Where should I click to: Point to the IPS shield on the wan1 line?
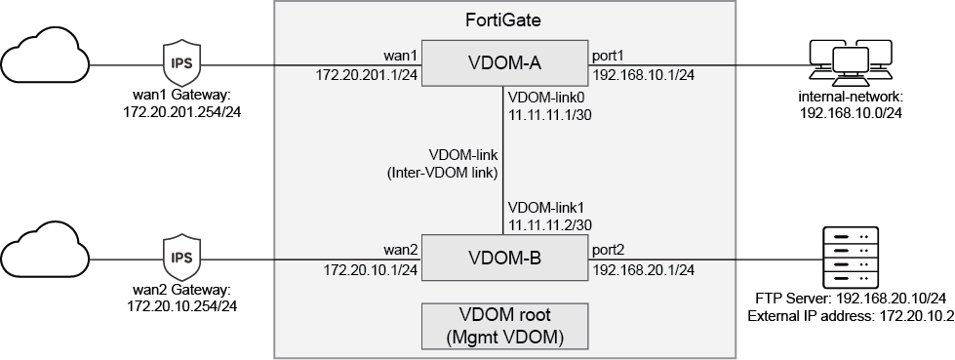point(181,64)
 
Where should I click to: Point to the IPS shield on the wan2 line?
point(181,259)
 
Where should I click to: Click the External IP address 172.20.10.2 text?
point(849,316)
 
